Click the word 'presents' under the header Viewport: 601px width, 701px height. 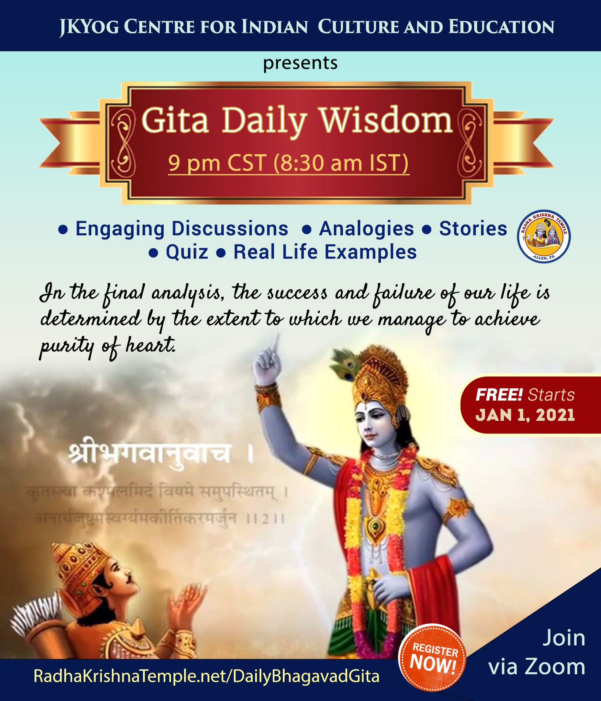tap(300, 63)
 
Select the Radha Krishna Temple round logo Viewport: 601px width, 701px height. tap(543, 236)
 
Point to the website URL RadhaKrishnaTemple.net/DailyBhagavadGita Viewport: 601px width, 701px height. tap(206, 676)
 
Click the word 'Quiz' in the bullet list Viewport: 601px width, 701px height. tap(187, 252)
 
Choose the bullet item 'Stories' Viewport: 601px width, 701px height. tap(473, 229)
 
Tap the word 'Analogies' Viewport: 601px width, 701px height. tap(366, 229)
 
